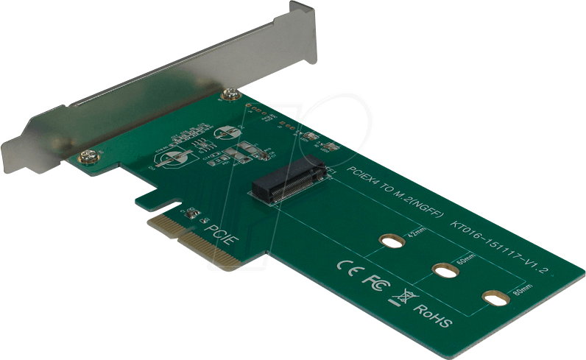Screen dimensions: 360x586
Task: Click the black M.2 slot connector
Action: tap(289, 181)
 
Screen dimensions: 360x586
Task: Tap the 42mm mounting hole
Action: tap(392, 241)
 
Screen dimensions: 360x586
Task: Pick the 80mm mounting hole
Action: tap(495, 297)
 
